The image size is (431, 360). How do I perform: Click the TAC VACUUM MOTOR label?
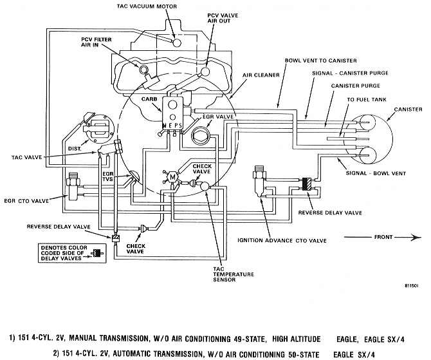pos(147,6)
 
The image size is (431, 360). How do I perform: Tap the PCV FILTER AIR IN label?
pos(96,42)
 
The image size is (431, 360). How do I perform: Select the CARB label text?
pos(149,99)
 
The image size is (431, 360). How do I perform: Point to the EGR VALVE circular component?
pos(201,136)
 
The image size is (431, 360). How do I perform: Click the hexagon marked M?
pos(172,177)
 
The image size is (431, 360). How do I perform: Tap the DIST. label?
pos(75,149)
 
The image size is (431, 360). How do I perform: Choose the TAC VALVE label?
pos(26,157)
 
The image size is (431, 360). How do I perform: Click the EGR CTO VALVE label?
pos(26,201)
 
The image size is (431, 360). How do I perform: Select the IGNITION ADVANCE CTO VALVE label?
pos(282,241)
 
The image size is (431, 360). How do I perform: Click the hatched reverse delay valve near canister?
pos(306,184)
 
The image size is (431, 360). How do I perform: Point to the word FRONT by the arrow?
pos(383,237)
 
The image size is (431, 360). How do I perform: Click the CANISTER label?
pos(408,109)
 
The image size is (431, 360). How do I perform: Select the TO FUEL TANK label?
pos(367,99)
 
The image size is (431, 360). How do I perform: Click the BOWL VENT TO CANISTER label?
pos(321,61)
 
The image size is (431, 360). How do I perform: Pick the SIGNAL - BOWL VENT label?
pos(376,173)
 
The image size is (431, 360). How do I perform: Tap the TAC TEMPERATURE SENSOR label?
pos(234,274)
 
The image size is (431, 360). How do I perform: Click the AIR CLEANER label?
pos(261,75)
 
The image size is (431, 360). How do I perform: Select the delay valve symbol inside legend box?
pos(96,254)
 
